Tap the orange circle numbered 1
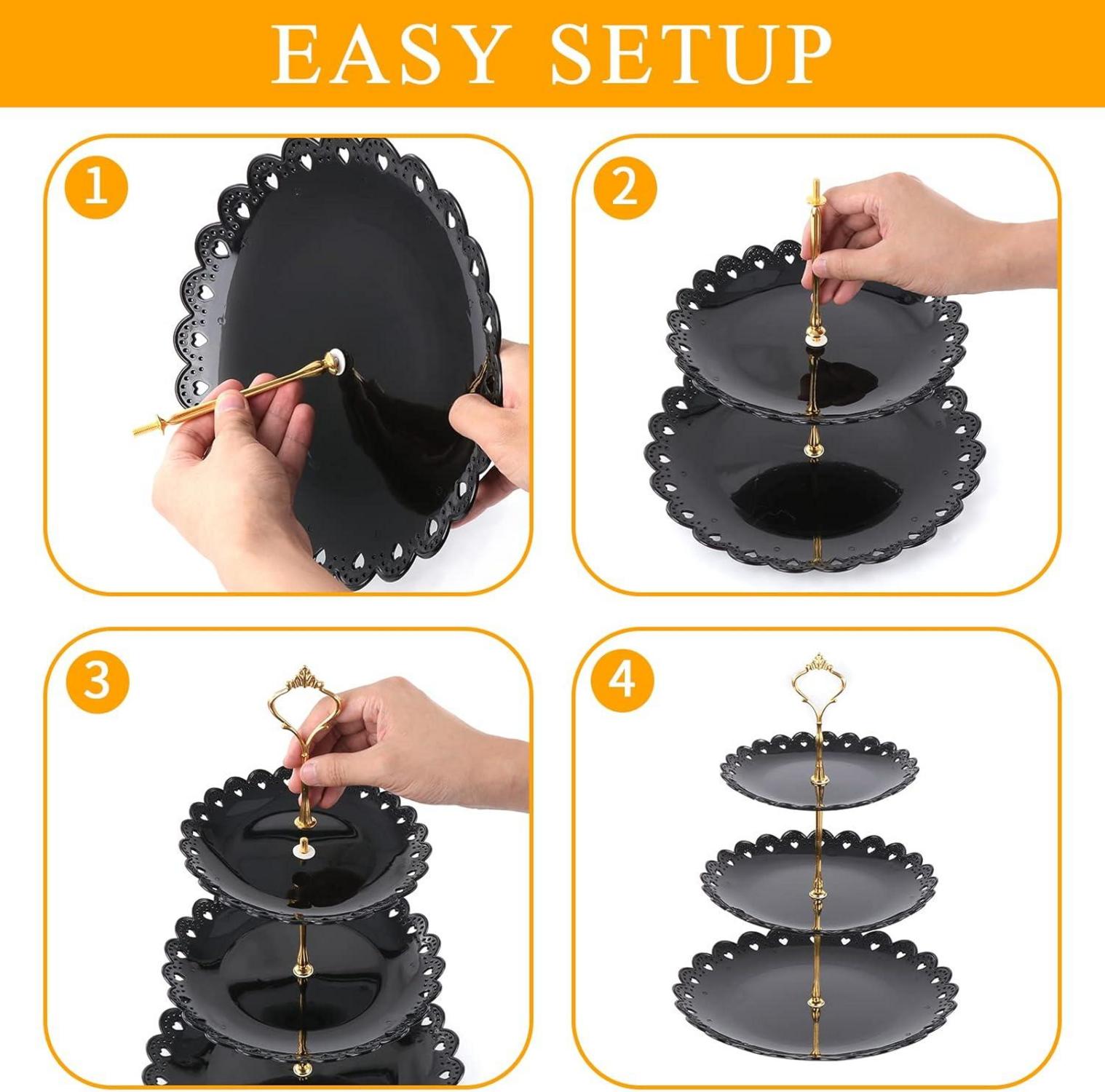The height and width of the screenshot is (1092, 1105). click(x=97, y=187)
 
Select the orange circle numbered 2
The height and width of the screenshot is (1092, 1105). click(x=625, y=187)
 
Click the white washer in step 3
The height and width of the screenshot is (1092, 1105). click(x=303, y=847)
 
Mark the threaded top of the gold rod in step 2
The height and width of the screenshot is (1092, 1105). click(x=814, y=195)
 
